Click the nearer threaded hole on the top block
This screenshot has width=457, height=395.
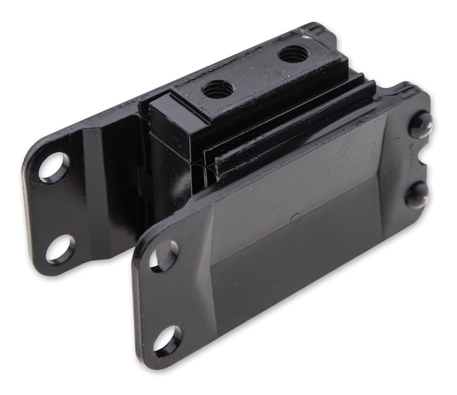pos(218,89)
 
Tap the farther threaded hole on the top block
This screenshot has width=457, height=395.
pos(293,54)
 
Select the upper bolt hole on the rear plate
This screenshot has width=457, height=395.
pos(54,167)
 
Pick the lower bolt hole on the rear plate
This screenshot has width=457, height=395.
pos(60,249)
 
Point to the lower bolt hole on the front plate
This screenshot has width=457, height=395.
pos(167,341)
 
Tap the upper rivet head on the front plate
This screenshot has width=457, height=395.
pos(421,125)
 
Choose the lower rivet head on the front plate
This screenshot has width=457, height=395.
pos(417,195)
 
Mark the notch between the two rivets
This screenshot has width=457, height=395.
pos(424,160)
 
